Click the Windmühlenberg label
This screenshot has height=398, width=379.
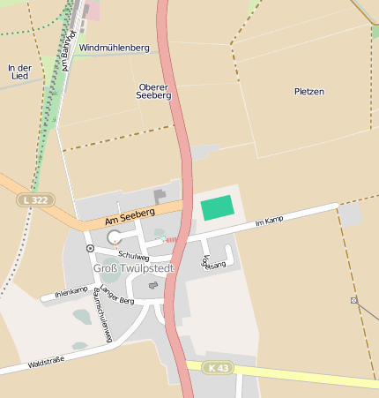tap(114, 47)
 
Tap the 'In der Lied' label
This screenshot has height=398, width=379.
tap(19, 71)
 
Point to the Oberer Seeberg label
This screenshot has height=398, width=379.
tap(154, 91)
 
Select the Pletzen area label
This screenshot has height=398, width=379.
tap(309, 91)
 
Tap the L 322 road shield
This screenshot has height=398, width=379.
tap(36, 201)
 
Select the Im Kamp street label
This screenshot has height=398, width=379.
tap(269, 221)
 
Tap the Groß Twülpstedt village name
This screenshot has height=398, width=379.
tap(134, 267)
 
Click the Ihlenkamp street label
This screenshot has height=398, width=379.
tap(71, 291)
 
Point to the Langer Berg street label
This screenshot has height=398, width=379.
tap(116, 297)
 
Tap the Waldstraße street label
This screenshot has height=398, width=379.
tap(46, 362)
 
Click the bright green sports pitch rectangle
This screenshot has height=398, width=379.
tap(218, 208)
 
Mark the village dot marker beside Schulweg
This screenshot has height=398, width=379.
tap(90, 249)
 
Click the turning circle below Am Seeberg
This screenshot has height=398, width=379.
tap(114, 237)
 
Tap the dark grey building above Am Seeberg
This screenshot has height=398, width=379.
tap(160, 196)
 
